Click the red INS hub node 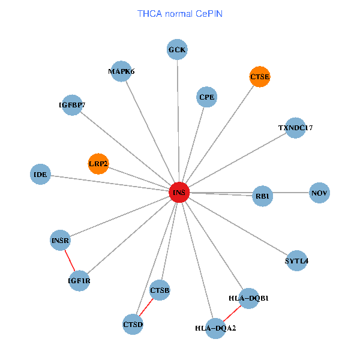click(179, 193)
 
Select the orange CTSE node click(260, 77)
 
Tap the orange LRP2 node click(98, 163)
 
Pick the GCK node click(177, 49)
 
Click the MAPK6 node click(122, 71)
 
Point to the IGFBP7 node click(72, 105)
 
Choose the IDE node click(40, 175)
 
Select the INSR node click(61, 241)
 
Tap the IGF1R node click(79, 280)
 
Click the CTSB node click(160, 290)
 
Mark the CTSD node click(133, 325)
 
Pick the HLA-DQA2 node click(215, 328)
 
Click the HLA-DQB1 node click(248, 298)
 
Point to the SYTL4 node click(296, 261)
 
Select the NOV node click(319, 193)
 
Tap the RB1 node click(263, 196)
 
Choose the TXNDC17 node click(295, 128)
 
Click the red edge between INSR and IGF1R click(70, 260)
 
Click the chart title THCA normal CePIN click(179, 13)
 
